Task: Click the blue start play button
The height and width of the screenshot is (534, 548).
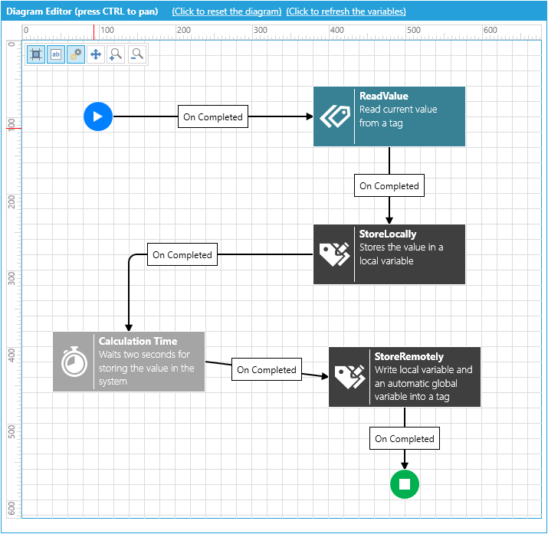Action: coord(98,116)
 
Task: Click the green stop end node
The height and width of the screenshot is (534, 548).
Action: coord(405,484)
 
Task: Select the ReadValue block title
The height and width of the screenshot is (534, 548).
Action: coord(384,96)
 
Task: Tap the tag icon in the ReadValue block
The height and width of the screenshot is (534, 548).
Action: coord(335,116)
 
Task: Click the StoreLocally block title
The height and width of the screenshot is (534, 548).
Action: coord(388,234)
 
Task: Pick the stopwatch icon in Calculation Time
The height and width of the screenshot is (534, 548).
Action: coord(74,361)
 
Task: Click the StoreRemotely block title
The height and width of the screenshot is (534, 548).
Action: coord(409,356)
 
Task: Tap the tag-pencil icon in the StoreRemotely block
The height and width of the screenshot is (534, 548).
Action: coord(349,377)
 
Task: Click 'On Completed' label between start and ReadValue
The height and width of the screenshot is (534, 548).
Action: coord(213,116)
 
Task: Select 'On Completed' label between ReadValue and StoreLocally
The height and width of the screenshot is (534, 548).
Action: coord(389,185)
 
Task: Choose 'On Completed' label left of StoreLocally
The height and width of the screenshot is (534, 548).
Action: coord(182,254)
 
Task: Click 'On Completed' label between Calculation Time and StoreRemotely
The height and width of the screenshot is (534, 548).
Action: coord(266,369)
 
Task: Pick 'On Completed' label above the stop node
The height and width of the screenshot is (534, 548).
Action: coord(405,438)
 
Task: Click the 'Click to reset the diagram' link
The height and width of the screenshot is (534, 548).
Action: coord(226,11)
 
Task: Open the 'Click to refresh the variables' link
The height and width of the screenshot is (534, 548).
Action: coord(346,11)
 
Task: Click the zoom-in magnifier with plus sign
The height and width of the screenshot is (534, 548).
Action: coord(116,54)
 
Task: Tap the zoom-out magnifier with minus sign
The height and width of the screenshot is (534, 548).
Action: coord(137,54)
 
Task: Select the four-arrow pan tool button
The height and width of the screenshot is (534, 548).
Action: coord(95,54)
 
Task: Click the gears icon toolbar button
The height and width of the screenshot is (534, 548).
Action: coord(75,54)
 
